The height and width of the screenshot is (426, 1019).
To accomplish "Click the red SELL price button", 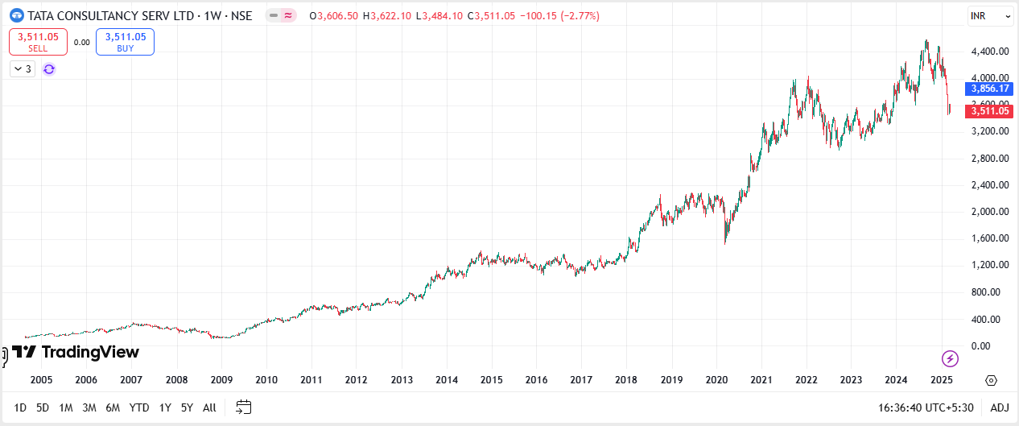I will click(38, 42).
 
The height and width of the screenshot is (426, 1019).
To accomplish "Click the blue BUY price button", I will click(125, 42).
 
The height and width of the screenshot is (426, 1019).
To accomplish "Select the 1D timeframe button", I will click(21, 407).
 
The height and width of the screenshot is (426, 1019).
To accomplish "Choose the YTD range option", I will click(139, 407).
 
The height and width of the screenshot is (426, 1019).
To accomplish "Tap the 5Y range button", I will click(187, 407).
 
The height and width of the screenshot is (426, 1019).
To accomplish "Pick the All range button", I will click(209, 407).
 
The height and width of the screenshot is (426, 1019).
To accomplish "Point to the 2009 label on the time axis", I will click(221, 380).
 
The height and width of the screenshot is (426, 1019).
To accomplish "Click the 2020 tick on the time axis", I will click(716, 380).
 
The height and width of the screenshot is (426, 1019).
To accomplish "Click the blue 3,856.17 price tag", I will click(990, 89).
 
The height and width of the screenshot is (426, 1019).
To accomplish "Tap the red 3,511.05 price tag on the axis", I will click(990, 111).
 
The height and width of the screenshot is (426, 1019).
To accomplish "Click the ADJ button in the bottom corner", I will click(999, 407).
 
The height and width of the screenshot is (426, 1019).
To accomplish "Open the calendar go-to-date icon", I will click(244, 407).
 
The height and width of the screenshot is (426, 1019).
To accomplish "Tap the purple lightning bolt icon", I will click(950, 358).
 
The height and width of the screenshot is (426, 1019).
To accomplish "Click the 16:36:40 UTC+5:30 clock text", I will click(926, 407).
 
